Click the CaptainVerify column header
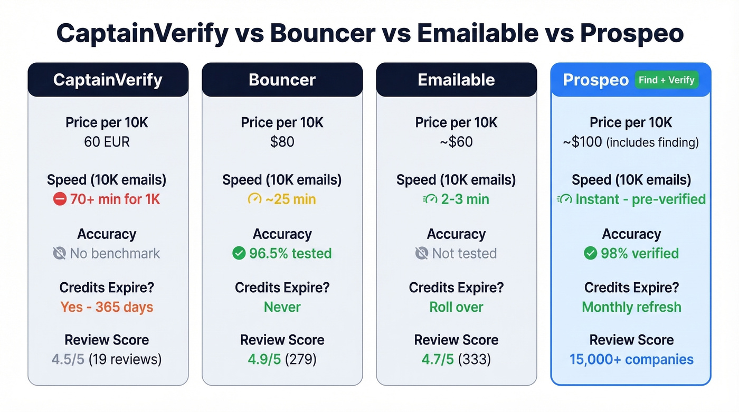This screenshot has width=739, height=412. (x=108, y=80)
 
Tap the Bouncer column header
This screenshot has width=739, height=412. (x=282, y=80)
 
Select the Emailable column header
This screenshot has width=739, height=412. (x=456, y=80)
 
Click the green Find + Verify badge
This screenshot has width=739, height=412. (x=666, y=80)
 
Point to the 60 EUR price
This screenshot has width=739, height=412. (x=107, y=142)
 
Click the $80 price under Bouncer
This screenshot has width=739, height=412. (x=282, y=142)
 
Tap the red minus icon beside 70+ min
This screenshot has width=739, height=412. (x=59, y=199)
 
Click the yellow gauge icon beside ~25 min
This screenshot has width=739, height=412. (x=254, y=199)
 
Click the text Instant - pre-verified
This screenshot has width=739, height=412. (x=640, y=199)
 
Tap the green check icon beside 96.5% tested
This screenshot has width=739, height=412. (x=239, y=254)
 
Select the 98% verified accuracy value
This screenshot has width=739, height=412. (x=639, y=254)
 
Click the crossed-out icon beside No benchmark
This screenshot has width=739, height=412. (x=60, y=254)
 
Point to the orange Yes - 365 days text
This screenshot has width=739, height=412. (x=107, y=307)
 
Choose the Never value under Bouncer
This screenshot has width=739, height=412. (x=282, y=307)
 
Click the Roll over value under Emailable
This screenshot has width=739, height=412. (x=456, y=307)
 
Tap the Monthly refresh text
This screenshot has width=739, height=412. (x=631, y=307)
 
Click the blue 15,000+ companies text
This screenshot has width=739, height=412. (x=631, y=360)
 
